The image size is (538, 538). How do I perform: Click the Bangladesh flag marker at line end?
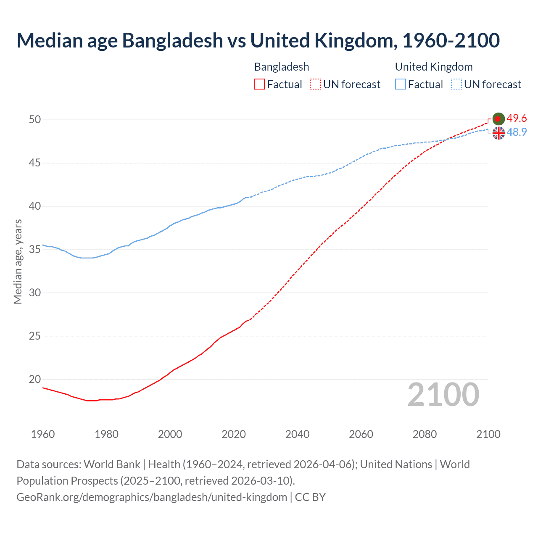[x=498, y=119]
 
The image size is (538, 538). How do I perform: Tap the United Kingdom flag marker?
[x=498, y=133]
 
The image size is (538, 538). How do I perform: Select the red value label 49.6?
[x=517, y=119]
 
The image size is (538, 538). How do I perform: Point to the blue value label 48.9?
[x=517, y=132]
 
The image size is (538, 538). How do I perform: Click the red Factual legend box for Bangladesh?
[x=259, y=84]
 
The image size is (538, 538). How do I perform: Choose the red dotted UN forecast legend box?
[x=315, y=84]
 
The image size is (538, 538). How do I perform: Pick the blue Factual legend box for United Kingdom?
[x=401, y=84]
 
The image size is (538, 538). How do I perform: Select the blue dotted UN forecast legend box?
[x=456, y=84]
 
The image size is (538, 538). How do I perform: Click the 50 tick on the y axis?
[x=35, y=119]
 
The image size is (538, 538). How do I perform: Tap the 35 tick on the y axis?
[x=35, y=249]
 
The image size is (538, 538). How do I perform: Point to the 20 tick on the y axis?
[x=35, y=379]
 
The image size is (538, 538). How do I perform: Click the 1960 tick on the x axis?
[x=43, y=434]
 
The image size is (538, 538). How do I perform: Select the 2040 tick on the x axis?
[x=297, y=434]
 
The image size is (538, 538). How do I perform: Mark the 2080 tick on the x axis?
[x=425, y=434]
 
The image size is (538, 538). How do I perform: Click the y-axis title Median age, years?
[x=18, y=261]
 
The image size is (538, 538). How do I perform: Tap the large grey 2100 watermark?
[x=443, y=394]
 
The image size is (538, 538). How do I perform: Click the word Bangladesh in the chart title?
[x=172, y=40]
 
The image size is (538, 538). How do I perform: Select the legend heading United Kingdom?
[x=434, y=67]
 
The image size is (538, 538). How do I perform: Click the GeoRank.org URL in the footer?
[x=151, y=497]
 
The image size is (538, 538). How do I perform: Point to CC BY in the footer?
[x=310, y=497]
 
